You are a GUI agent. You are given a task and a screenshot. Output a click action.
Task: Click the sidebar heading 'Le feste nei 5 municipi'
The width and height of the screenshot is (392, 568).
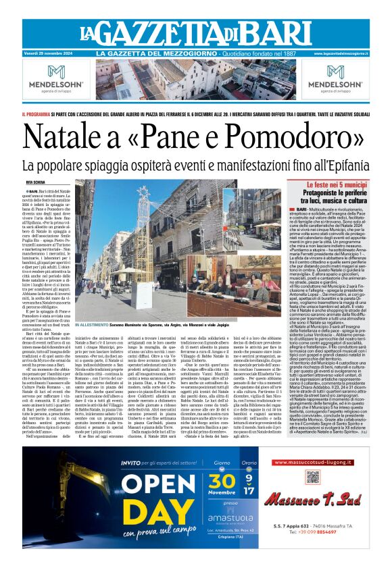pyautogui.click(x=328, y=184)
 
